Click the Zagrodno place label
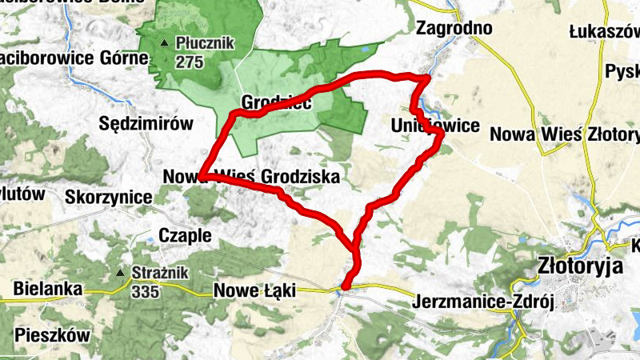click(454, 28)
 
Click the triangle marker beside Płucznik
click(165, 42)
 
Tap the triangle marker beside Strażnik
click(121, 273)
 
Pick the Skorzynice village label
click(110, 197)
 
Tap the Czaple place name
click(185, 235)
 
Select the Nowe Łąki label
click(254, 293)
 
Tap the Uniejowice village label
click(434, 126)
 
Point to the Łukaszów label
click(605, 31)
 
